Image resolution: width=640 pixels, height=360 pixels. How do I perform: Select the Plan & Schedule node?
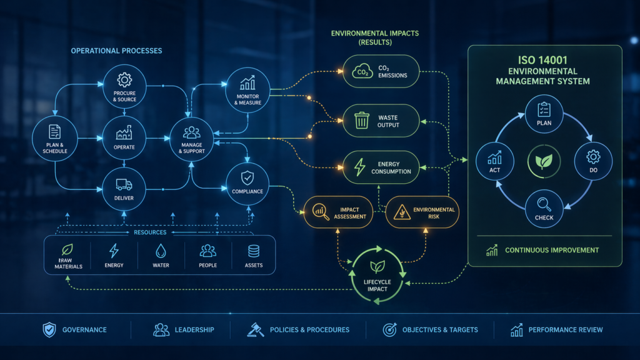pos(55,139)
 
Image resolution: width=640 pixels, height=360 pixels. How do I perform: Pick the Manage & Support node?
pos(192,139)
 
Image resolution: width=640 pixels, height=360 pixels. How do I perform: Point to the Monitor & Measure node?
pos(247,88)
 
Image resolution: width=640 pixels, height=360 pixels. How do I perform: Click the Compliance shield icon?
pos(247,177)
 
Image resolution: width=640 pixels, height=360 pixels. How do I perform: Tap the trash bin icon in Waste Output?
pos(362,121)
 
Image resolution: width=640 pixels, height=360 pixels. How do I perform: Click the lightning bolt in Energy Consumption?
pos(359,167)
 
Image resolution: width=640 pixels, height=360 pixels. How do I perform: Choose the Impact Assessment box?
pos(338,212)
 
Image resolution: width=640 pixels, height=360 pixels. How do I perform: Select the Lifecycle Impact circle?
pos(377,276)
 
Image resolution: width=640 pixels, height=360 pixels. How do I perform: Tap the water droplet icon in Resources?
pos(161,251)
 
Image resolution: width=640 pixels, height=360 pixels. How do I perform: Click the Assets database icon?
pos(254,251)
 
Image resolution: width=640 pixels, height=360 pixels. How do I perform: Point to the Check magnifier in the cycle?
pos(544,203)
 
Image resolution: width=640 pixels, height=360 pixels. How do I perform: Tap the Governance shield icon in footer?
pos(49,330)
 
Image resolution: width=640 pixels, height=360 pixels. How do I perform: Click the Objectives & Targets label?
pos(440,330)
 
